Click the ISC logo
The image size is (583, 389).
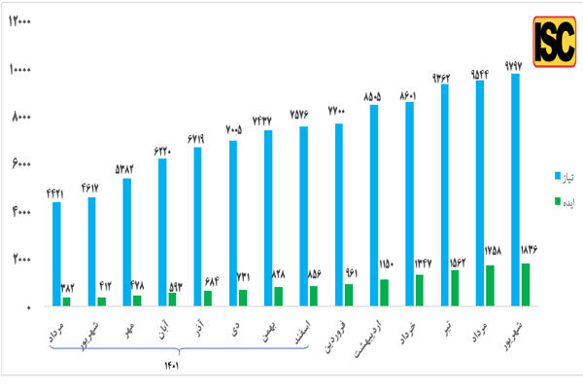pos(554,40)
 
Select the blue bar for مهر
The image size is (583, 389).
pos(127,241)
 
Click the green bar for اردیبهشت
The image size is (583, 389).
pos(385,292)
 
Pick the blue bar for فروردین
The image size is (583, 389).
pos(339,214)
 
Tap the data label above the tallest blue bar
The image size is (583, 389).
pos(515,65)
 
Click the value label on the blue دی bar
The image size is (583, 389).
pos(233,130)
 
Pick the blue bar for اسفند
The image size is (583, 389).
pos(303,216)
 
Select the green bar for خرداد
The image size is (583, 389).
pos(420,290)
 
